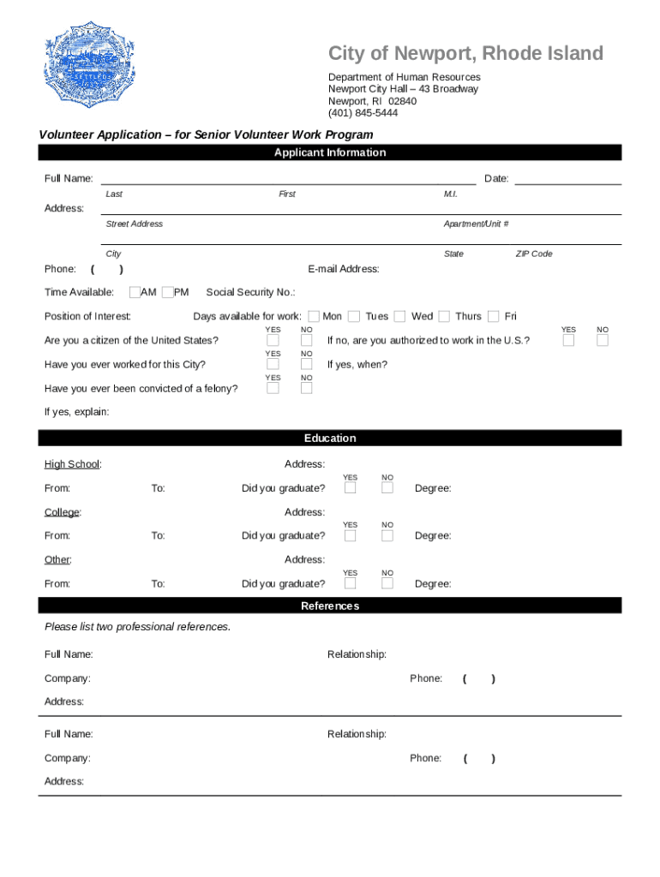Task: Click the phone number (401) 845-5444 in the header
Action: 363,113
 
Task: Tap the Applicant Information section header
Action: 330,152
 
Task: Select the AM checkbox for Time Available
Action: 135,293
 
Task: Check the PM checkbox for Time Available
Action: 167,293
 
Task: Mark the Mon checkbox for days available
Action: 314,317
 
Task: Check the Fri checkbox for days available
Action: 494,317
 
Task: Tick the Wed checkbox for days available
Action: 400,317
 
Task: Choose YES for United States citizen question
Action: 273,341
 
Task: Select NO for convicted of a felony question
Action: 306,389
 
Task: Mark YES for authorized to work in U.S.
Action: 569,341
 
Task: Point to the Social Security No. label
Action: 250,293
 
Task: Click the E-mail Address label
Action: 343,269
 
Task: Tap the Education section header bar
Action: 330,438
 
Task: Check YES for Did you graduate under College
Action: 351,536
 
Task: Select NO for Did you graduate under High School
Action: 387,488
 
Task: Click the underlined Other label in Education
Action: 57,560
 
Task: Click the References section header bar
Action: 330,606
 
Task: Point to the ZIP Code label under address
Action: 533,254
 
